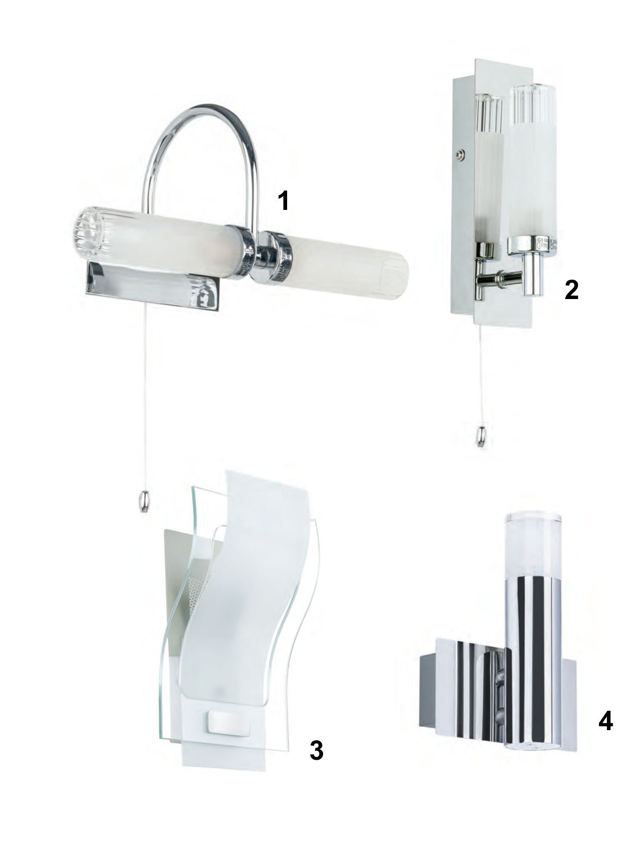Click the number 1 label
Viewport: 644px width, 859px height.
coord(283,200)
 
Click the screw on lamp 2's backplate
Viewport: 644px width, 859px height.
coord(460,155)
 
